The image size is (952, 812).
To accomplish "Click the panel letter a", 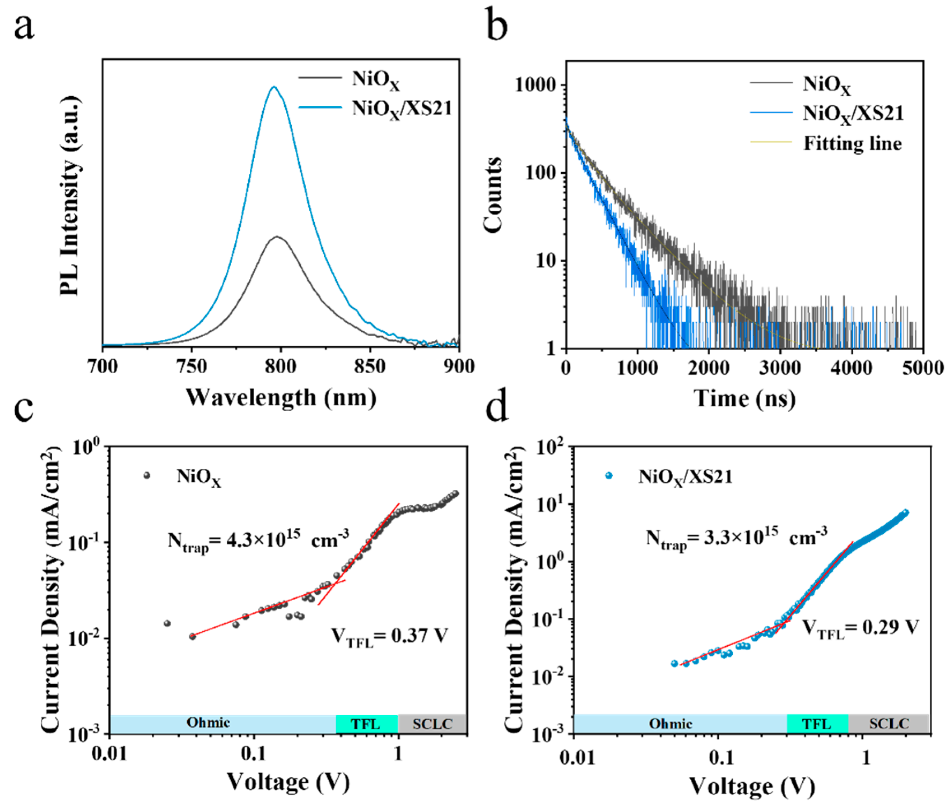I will point(24,27).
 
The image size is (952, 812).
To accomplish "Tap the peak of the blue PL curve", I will point(274,87).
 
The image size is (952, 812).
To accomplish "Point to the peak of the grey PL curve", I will point(277,237).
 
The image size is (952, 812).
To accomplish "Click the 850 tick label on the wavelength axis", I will point(369,366).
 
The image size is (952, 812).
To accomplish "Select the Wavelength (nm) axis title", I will point(281,398).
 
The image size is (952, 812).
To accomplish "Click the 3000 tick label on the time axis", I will point(780,368).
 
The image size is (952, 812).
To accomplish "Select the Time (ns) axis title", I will point(744,398).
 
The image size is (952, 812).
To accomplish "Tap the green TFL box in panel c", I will point(366,724).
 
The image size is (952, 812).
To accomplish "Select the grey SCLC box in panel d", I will point(889,724).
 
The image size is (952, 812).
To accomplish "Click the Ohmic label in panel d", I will point(670,724).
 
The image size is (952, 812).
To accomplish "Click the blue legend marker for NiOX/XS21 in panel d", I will point(609,476).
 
